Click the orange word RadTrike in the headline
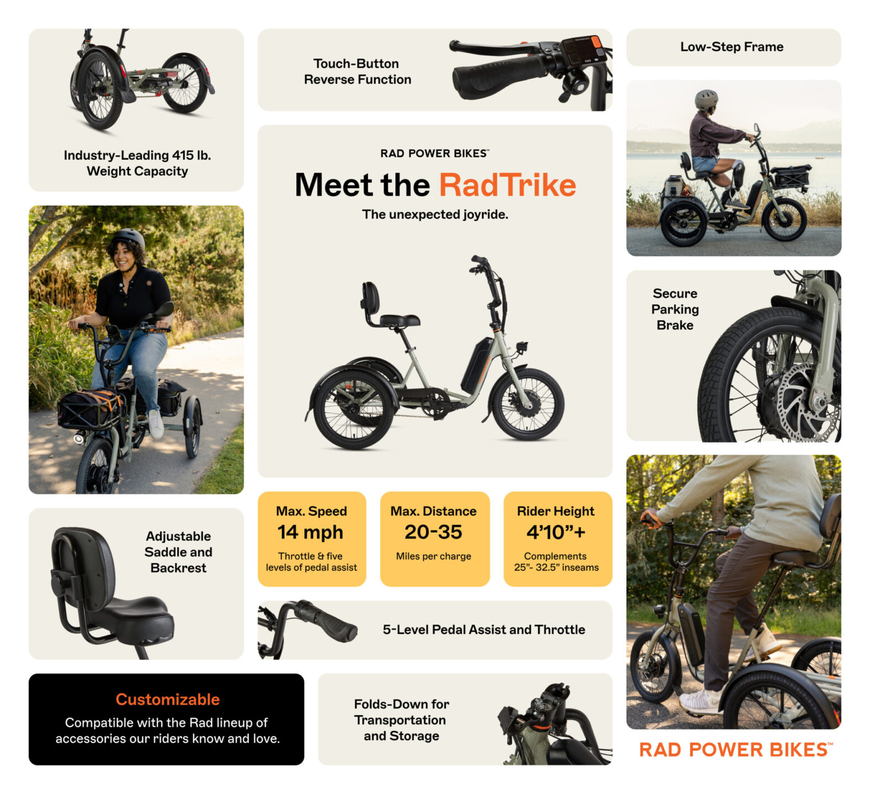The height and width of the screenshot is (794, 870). [x=507, y=185]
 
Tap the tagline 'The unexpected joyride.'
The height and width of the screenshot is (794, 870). [x=435, y=214]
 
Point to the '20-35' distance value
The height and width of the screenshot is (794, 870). [x=433, y=532]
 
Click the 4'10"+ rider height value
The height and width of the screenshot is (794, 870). [x=556, y=532]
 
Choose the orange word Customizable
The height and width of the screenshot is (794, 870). [x=167, y=699]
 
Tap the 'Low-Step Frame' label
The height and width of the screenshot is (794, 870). [x=732, y=47]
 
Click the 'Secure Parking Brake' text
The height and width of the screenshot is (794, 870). [x=675, y=309]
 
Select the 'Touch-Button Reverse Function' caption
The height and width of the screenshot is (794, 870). [x=357, y=72]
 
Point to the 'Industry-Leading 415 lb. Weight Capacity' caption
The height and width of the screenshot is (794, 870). [x=137, y=163]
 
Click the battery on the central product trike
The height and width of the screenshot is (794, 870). [x=477, y=364]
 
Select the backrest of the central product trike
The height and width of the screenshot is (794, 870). [x=371, y=298]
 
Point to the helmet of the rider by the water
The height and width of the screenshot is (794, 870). [x=706, y=99]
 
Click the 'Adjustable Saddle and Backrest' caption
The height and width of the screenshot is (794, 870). [x=178, y=552]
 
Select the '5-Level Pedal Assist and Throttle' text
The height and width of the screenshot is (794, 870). [x=484, y=630]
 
